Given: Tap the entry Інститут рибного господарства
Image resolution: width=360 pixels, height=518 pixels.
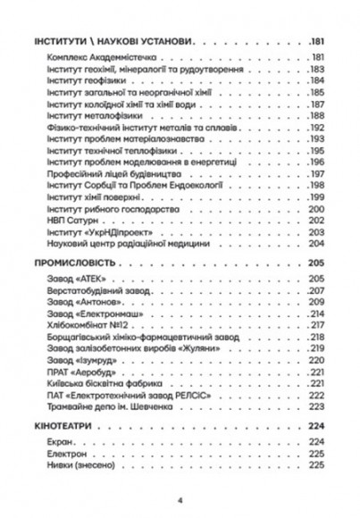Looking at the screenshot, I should (x=102, y=207).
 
